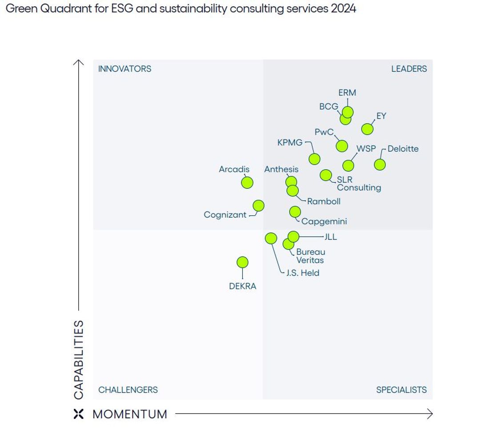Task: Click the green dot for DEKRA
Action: (242, 263)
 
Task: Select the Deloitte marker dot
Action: (380, 164)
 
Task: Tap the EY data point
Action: (367, 129)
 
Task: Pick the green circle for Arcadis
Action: (247, 182)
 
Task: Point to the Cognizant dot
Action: (258, 206)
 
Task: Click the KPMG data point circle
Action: (314, 158)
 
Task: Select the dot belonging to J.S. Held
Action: (271, 238)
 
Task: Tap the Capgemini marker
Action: (295, 211)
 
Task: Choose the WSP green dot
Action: (348, 166)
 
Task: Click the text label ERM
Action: (347, 93)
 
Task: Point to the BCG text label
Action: (329, 107)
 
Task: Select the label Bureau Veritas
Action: (310, 256)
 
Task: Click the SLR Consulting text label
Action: (358, 183)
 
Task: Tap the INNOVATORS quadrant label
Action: (124, 69)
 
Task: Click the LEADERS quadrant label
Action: (409, 69)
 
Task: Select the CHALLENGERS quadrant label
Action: (128, 389)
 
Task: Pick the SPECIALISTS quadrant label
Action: (401, 389)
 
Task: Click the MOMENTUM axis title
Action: (130, 414)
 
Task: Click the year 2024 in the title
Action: (343, 8)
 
